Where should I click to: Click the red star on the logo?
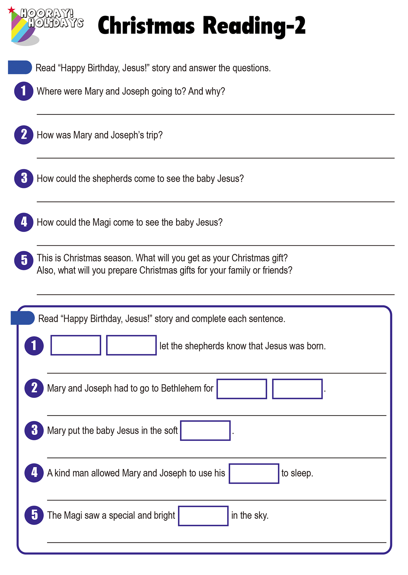(12, 10)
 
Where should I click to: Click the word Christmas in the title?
(146, 26)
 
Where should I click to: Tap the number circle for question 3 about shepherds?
(24, 178)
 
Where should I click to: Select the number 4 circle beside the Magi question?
(24, 222)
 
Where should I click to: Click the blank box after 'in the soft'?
(205, 430)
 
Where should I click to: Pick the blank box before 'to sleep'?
(254, 473)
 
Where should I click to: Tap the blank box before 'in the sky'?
(203, 516)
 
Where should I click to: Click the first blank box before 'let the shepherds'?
(76, 345)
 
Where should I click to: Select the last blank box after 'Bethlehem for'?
(297, 389)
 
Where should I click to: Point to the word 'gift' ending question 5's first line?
(279, 258)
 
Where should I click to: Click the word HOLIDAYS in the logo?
(56, 23)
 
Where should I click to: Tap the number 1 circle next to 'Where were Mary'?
(24, 91)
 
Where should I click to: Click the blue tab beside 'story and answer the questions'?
(20, 67)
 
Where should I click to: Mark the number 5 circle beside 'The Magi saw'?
(34, 515)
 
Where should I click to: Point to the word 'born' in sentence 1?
(315, 346)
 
